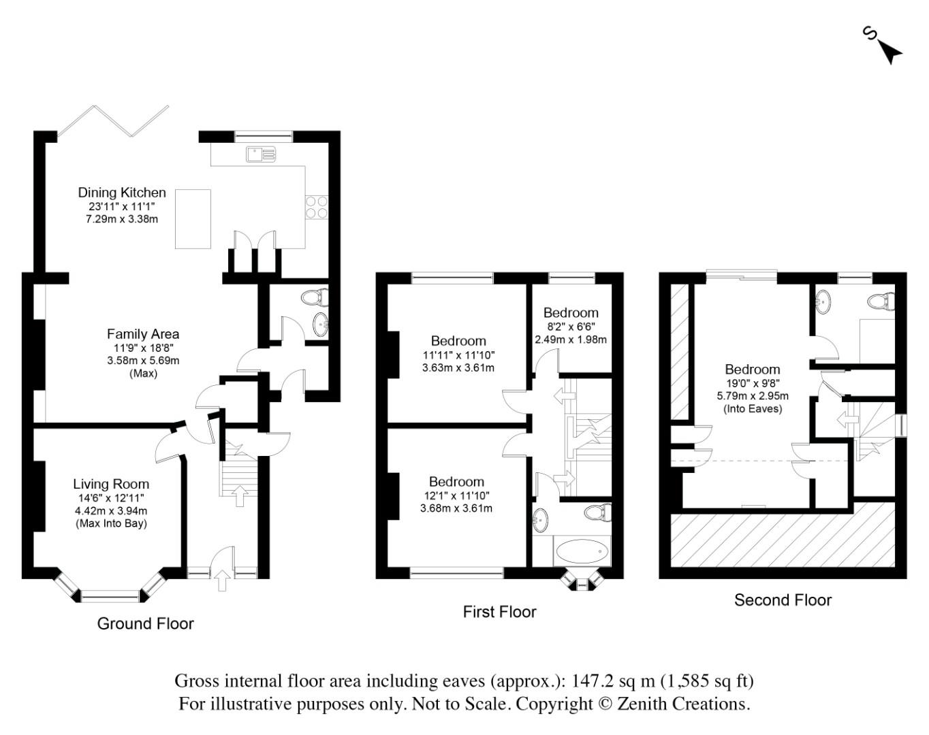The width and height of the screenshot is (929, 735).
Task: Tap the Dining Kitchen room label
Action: click(x=122, y=193)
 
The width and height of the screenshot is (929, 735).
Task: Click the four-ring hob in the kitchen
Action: click(x=317, y=207)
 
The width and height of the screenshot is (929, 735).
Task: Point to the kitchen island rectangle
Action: click(x=193, y=218)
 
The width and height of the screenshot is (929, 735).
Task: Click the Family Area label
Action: click(x=143, y=334)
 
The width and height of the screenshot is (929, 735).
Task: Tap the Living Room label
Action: click(x=111, y=484)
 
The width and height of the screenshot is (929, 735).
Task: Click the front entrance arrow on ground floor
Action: click(x=222, y=581)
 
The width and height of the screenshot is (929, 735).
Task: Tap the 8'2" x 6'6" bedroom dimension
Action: click(x=571, y=326)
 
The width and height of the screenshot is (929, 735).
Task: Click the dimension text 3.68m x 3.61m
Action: click(x=456, y=508)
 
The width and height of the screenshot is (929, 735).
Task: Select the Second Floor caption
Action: click(x=783, y=600)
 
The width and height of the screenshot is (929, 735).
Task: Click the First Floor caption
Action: click(x=499, y=612)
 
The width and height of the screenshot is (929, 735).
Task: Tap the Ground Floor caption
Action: click(x=145, y=623)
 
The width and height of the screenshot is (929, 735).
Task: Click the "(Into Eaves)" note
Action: click(x=753, y=408)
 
